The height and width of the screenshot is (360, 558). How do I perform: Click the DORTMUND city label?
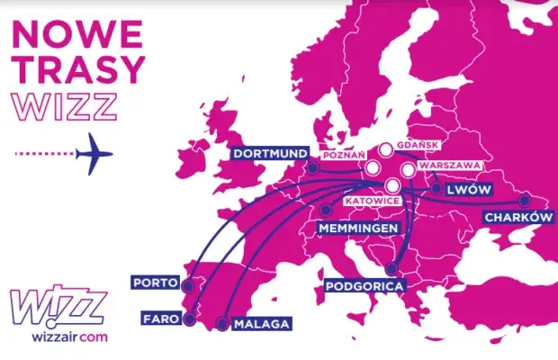coord(269,153)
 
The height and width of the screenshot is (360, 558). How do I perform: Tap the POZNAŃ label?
coord(338,154)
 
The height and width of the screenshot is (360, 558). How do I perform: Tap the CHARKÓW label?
coord(516,217)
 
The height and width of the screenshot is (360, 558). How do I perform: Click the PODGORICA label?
coord(364,286)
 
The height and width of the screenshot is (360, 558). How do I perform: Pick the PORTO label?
coord(155,282)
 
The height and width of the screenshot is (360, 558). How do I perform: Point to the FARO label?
coord(159,318)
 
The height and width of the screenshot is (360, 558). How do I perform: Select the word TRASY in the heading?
coord(78,69)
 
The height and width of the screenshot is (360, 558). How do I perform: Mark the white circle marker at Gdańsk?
coord(386,150)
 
